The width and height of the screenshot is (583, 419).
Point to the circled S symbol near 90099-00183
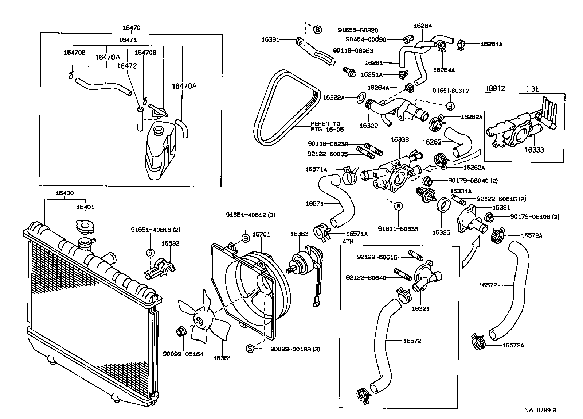coord(250,349)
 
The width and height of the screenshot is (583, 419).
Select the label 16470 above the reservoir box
coord(131,28)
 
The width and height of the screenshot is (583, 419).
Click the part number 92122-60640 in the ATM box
coord(365,278)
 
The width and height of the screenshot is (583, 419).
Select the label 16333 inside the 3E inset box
coord(534,150)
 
